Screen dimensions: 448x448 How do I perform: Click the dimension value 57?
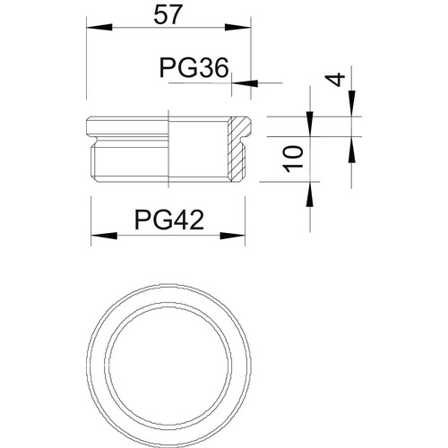[168, 15]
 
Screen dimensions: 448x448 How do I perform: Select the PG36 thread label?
[194, 68]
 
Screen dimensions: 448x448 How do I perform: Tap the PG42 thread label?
[169, 220]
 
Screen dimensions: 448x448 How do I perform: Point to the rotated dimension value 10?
[294, 159]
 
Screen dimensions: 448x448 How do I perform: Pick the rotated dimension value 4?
[335, 80]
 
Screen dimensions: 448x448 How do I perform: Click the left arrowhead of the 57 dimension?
[99, 27]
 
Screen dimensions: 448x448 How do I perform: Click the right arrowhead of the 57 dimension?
[237, 27]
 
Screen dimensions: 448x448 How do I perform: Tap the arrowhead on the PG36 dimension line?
[245, 82]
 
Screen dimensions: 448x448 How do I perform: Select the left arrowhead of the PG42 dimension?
[104, 236]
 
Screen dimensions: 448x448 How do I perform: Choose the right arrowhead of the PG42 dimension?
[232, 236]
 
